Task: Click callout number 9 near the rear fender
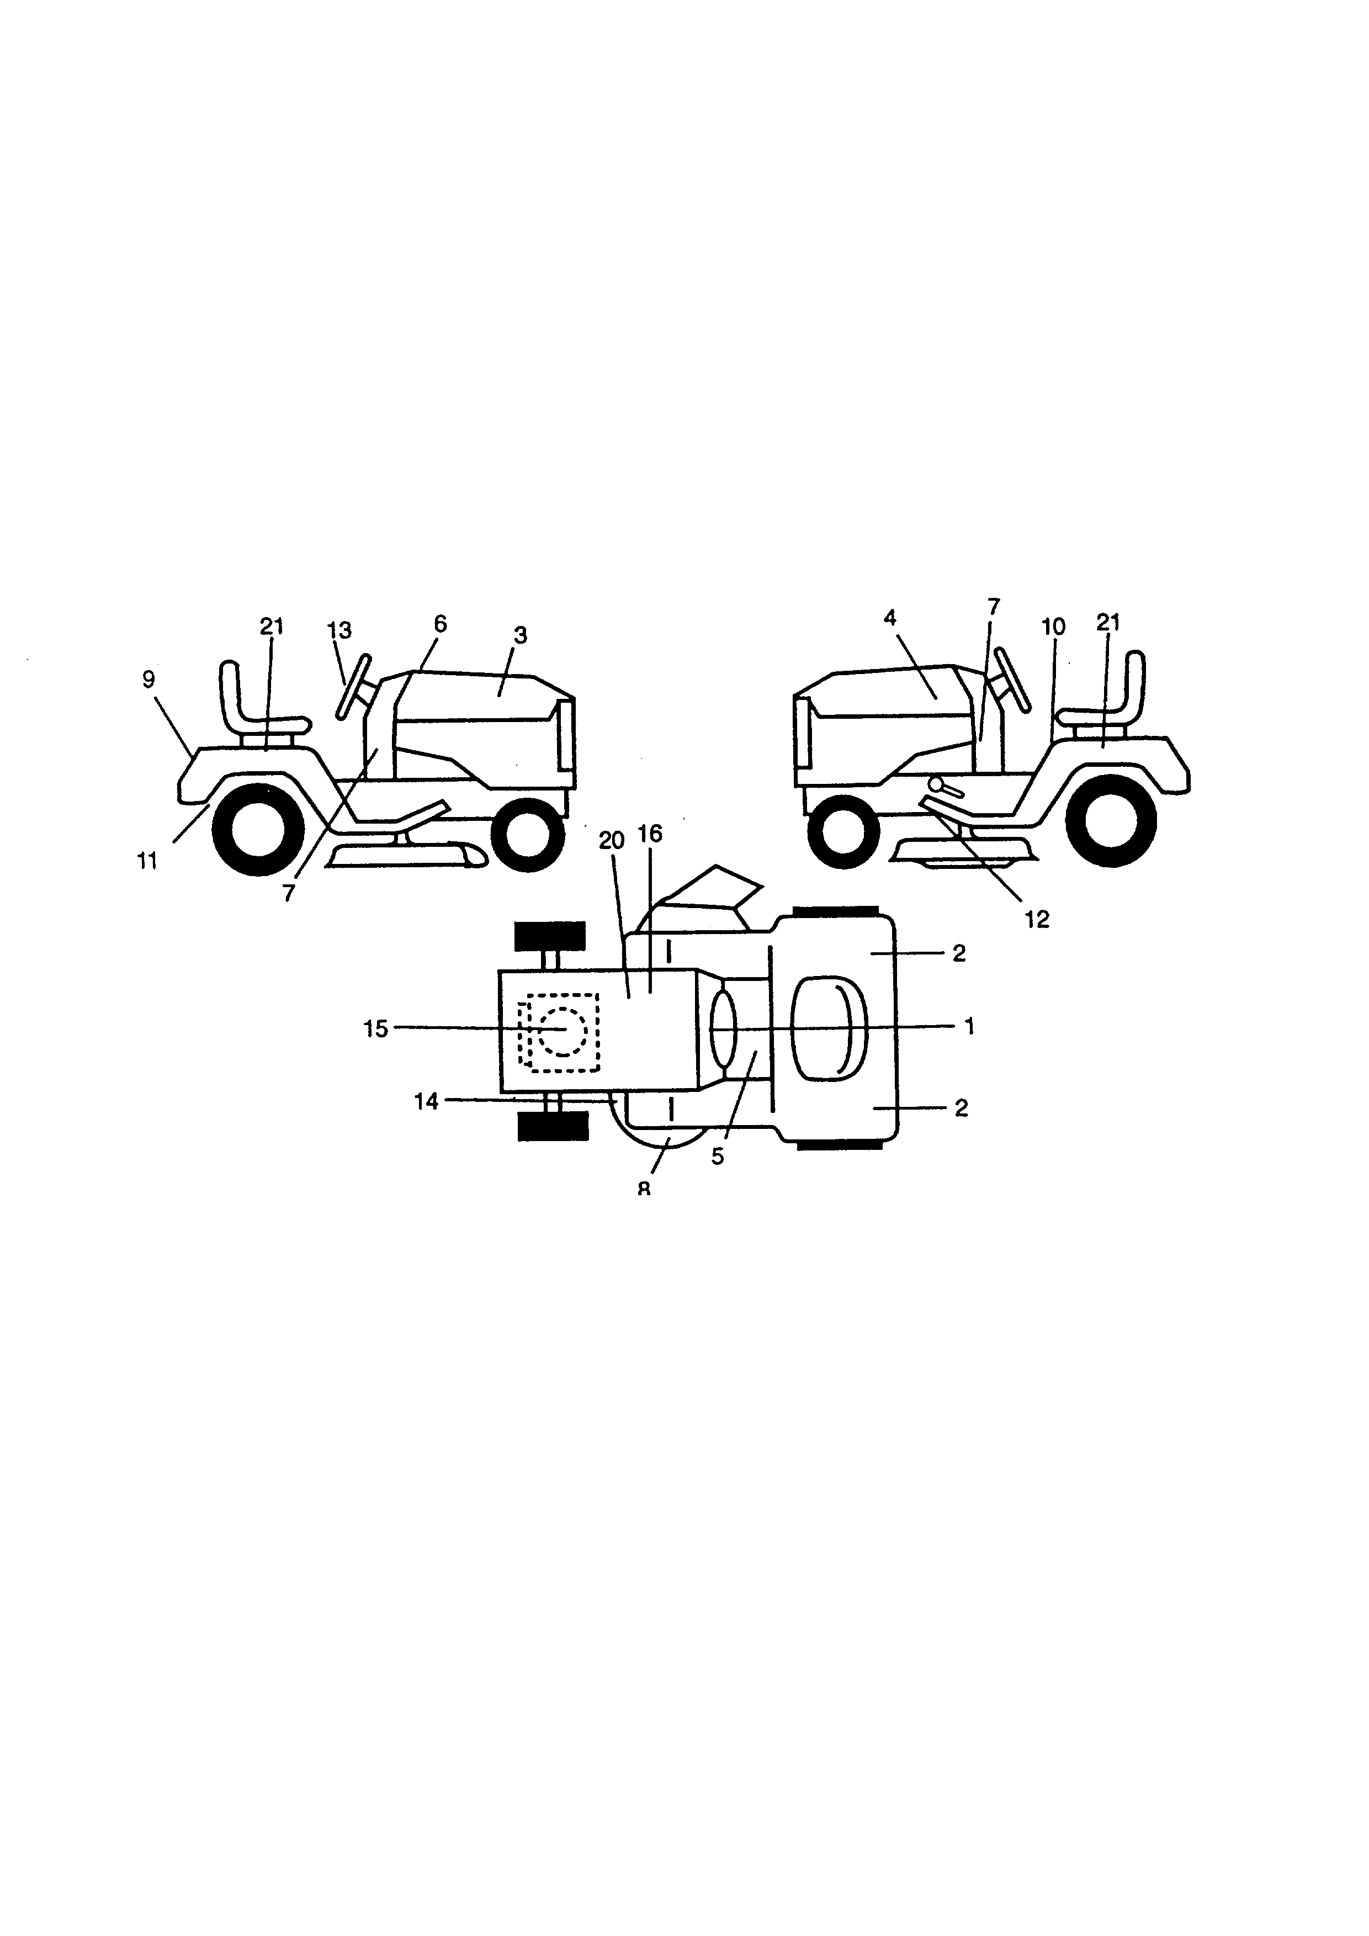(148, 680)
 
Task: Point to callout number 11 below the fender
(147, 862)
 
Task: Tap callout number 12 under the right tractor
(1037, 920)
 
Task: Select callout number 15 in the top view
(376, 1028)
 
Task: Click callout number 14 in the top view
(427, 1101)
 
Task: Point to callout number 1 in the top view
(969, 1026)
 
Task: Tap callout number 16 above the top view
(650, 834)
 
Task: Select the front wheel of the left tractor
(527, 835)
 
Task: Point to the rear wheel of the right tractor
(1110, 820)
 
